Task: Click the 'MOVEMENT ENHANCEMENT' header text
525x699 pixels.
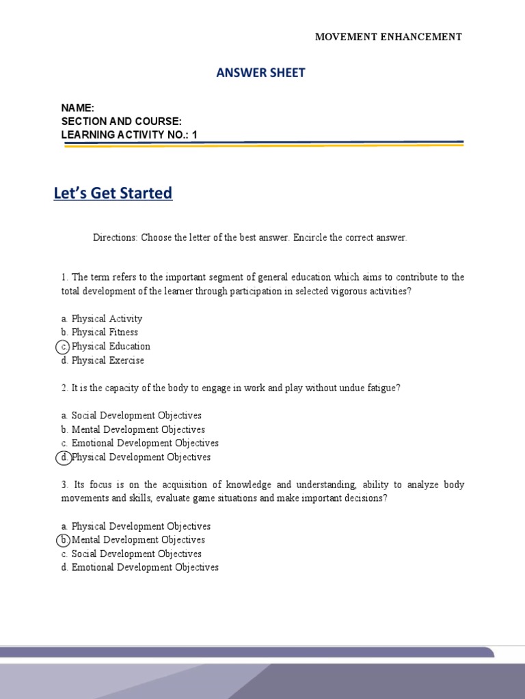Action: pos(388,37)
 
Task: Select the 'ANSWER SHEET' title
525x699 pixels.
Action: pos(260,73)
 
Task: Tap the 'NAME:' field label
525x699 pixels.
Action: pos(77,108)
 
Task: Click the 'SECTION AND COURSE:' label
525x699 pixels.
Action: pos(121,121)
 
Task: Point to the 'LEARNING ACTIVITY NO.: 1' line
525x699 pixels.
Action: pos(129,134)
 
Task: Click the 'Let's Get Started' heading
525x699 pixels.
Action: pos(113,193)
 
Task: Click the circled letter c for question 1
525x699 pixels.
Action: pos(63,346)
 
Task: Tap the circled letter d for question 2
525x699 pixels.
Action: pos(63,457)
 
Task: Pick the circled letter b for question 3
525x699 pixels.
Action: pos(63,540)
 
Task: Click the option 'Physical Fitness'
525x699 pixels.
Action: pos(105,332)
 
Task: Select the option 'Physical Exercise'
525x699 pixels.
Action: pos(107,360)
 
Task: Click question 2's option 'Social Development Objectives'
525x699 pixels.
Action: pos(136,416)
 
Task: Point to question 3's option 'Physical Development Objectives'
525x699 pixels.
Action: pos(141,526)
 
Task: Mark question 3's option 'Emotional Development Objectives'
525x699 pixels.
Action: pos(145,567)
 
